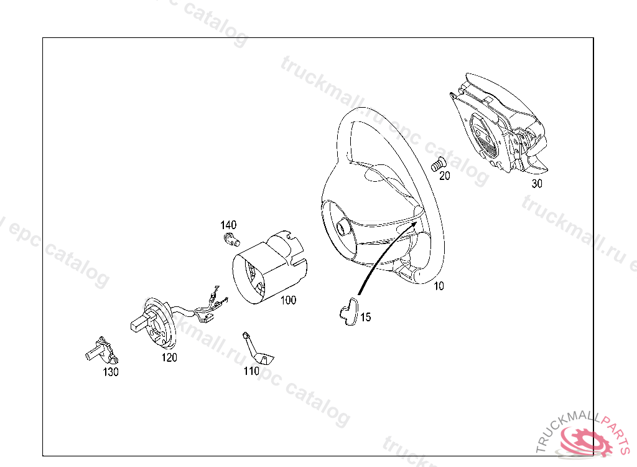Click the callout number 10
(x=439, y=286)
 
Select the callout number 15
(x=366, y=318)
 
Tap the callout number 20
(x=445, y=176)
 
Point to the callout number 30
(x=537, y=184)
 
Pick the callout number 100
(x=288, y=300)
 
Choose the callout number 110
(x=251, y=371)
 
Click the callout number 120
(x=169, y=357)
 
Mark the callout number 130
(x=111, y=372)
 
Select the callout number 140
(x=228, y=225)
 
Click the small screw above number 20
(x=438, y=164)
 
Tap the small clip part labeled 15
(x=348, y=312)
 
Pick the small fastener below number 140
(x=231, y=239)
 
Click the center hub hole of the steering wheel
(x=342, y=226)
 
